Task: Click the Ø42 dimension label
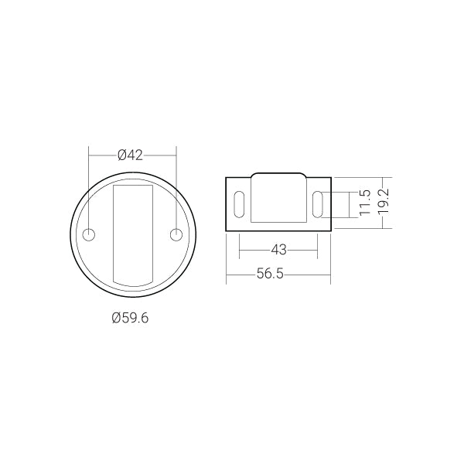(130, 155)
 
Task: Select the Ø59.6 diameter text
(130, 318)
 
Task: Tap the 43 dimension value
(278, 250)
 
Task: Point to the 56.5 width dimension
(270, 274)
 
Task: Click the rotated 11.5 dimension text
(364, 203)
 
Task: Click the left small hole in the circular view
(89, 235)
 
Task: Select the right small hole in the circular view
(176, 235)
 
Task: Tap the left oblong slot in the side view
(239, 204)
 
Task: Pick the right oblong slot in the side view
(318, 204)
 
